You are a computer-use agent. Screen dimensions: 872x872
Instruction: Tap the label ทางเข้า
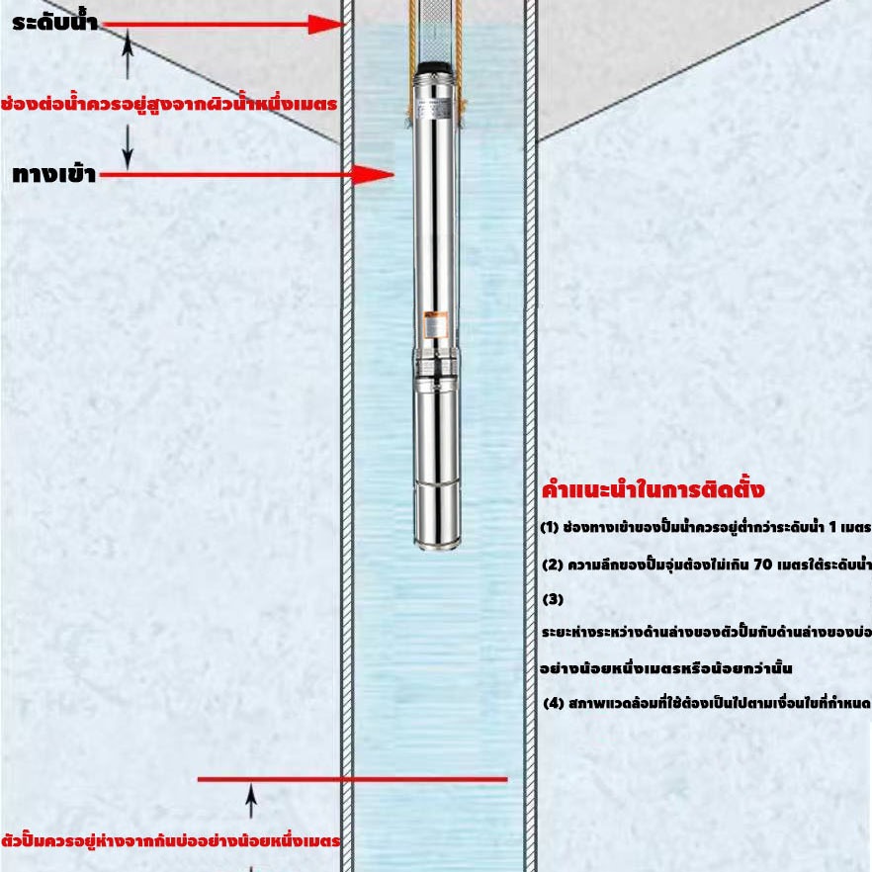(x=54, y=175)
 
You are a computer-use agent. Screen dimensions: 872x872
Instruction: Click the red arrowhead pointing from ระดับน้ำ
(x=326, y=25)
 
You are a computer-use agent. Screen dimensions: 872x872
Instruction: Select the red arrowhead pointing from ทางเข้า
(x=373, y=175)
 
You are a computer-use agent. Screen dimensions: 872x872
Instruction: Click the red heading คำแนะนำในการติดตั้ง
(x=654, y=489)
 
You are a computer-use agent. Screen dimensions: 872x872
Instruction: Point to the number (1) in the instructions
(x=550, y=527)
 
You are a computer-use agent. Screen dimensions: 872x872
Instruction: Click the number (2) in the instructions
(x=553, y=566)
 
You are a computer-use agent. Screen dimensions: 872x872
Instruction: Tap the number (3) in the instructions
(x=553, y=599)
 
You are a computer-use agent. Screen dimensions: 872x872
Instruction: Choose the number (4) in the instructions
(x=554, y=703)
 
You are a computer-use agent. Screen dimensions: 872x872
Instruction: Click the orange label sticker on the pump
(x=435, y=324)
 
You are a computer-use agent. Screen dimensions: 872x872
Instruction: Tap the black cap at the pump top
(x=435, y=67)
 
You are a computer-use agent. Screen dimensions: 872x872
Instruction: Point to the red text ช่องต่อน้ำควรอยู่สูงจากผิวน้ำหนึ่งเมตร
(x=169, y=103)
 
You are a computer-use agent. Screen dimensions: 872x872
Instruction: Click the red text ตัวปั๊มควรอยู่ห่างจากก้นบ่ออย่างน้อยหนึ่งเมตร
(x=170, y=839)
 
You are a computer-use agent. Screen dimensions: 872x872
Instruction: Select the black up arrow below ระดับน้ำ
(x=128, y=54)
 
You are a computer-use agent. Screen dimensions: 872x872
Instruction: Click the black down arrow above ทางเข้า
(x=128, y=146)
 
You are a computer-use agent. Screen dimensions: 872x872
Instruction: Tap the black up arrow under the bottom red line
(x=251, y=801)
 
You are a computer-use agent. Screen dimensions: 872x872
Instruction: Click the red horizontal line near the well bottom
(x=353, y=780)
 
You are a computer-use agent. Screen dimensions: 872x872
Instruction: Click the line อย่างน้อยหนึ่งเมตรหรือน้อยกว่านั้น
(x=666, y=668)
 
